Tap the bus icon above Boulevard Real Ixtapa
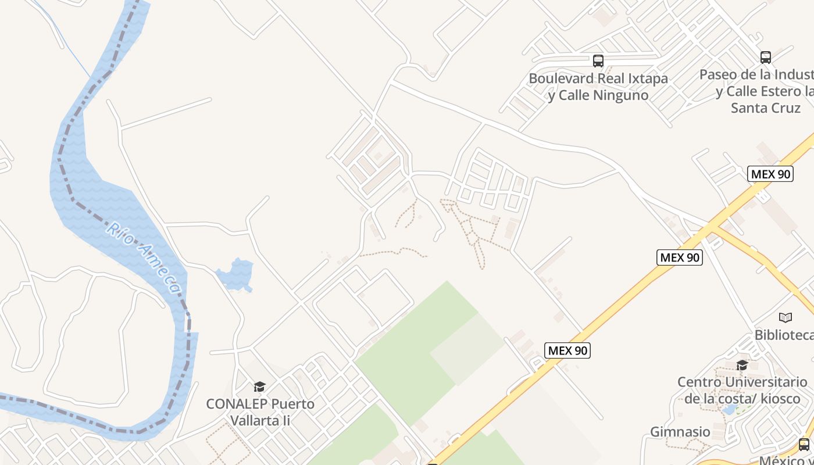point(598,60)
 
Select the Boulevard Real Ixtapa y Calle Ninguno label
point(598,87)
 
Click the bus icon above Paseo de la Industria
point(765,57)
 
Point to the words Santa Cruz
point(765,108)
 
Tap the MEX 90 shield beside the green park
point(567,350)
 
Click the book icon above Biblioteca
point(785,317)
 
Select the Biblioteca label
point(784,335)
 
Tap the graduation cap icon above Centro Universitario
point(742,365)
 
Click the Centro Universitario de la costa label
point(742,390)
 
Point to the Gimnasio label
point(680,432)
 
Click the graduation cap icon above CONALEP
point(259,387)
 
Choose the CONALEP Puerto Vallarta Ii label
point(260,412)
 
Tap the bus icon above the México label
point(804,445)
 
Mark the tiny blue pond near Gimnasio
point(727,409)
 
